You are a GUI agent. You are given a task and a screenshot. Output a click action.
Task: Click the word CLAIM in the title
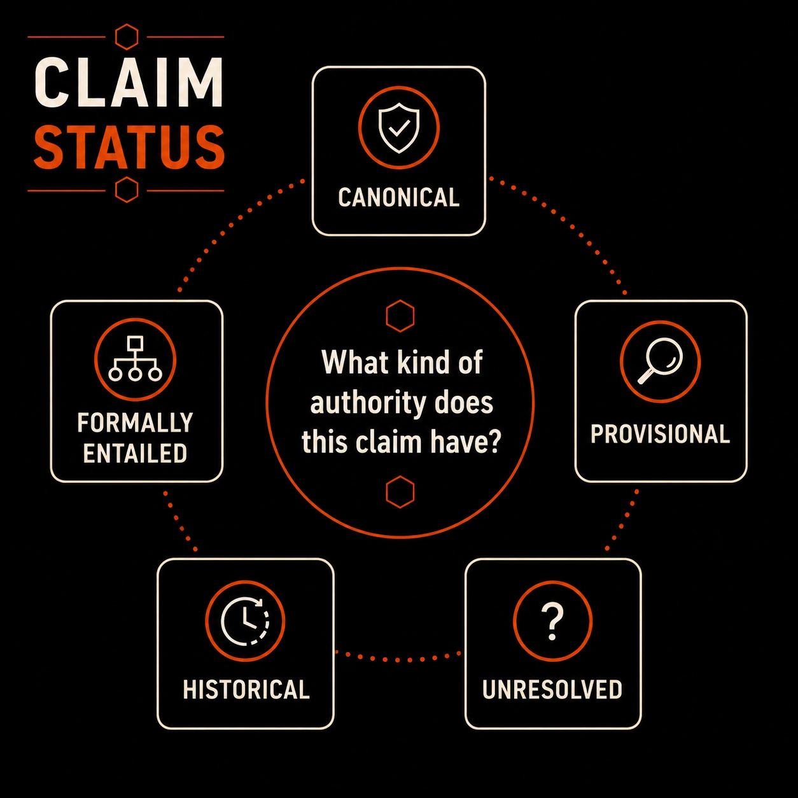coord(129,82)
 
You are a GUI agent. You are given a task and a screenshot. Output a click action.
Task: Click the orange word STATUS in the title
coord(129,147)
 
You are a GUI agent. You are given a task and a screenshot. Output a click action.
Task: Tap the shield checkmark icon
coord(398,127)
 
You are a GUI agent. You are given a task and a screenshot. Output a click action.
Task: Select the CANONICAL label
coord(398,197)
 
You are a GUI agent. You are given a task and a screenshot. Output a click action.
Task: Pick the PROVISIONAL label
coord(660,434)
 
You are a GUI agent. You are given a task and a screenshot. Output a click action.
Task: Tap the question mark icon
coord(552,622)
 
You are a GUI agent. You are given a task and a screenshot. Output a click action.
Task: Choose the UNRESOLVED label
coord(552,689)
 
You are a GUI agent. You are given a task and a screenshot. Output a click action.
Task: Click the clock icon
coord(245,620)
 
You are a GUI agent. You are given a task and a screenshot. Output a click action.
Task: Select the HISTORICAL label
coord(246,689)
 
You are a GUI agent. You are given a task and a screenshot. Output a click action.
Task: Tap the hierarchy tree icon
coord(135,359)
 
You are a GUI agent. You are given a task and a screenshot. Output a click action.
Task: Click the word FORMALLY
coord(135,423)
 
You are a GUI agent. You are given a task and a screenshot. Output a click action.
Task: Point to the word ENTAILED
coord(135,453)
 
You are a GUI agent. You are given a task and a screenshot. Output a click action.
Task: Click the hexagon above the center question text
coord(400,316)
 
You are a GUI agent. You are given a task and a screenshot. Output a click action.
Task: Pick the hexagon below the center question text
coord(400,491)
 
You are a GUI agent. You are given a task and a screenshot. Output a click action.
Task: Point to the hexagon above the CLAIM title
coord(126,37)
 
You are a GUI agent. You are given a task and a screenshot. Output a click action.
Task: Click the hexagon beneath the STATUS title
coord(126,190)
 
